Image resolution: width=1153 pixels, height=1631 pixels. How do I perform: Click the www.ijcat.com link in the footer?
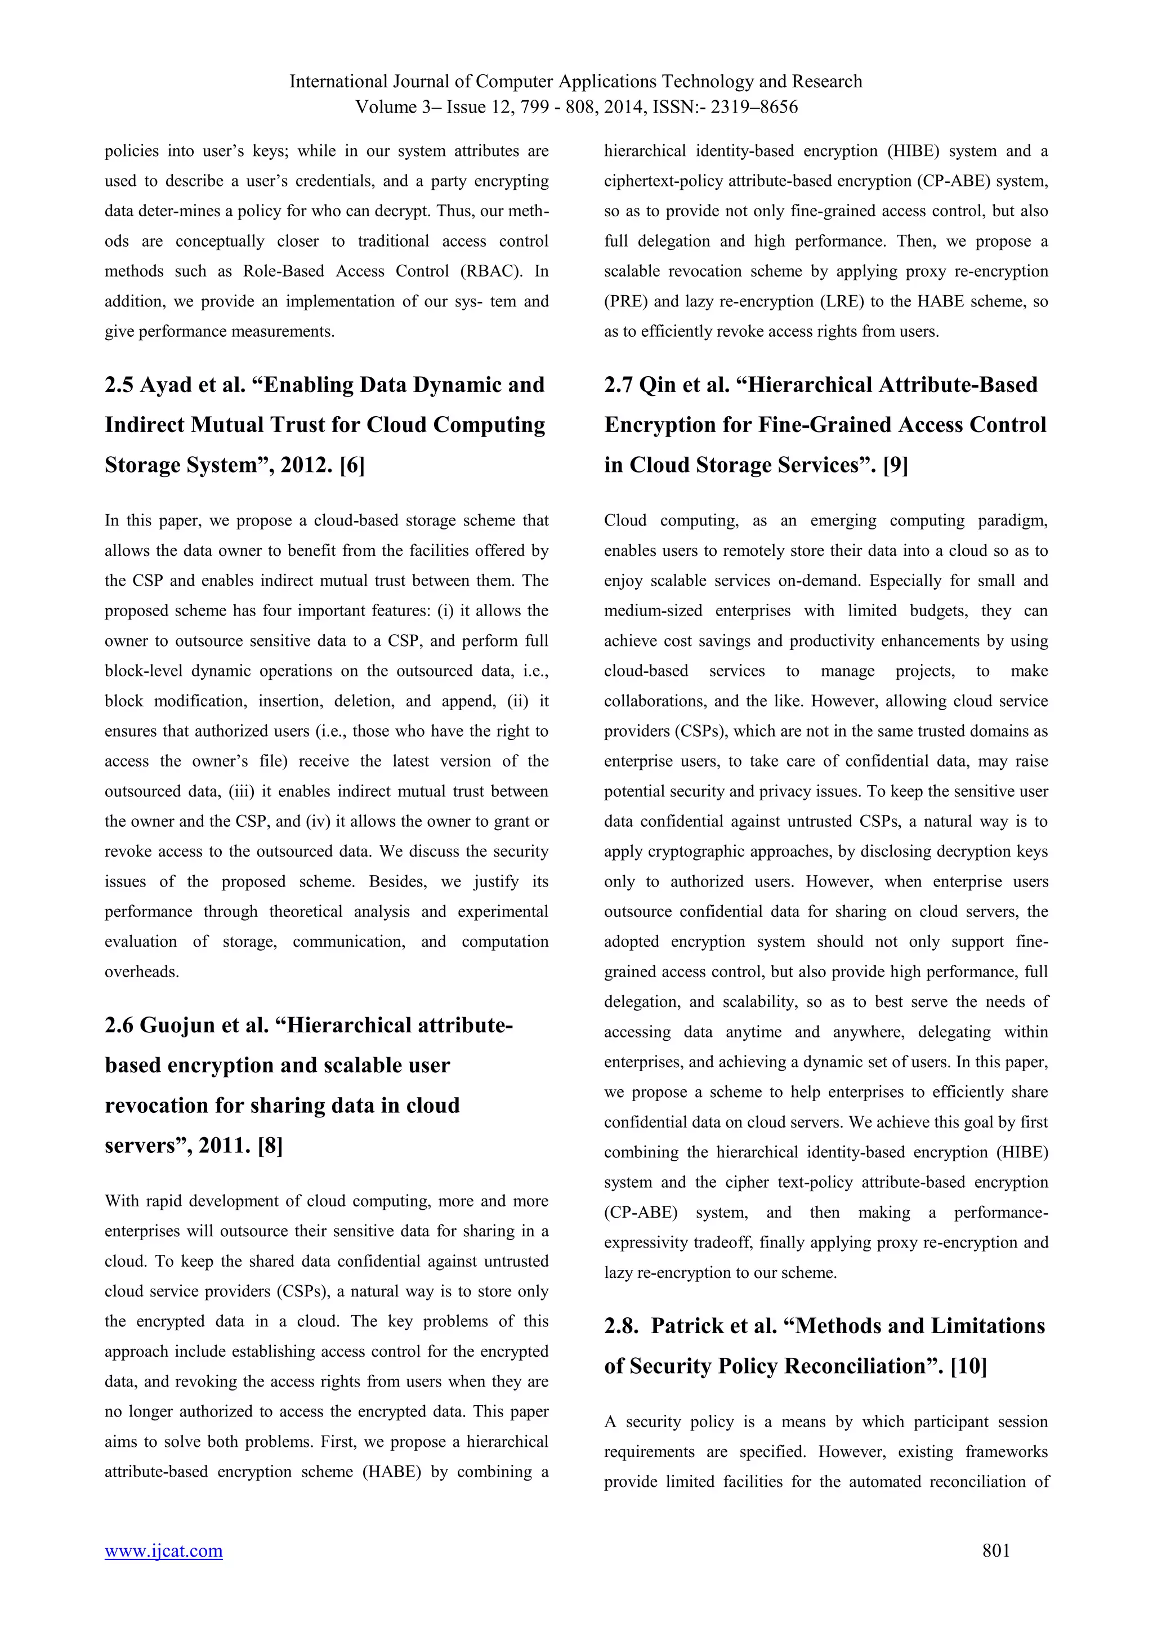(x=163, y=1550)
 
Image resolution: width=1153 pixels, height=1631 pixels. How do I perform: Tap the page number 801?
(x=995, y=1550)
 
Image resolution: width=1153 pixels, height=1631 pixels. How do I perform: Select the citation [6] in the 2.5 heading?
(x=352, y=465)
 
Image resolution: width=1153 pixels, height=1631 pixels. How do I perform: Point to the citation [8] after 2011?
(x=270, y=1146)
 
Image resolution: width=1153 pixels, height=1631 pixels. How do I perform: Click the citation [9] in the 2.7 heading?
(x=895, y=465)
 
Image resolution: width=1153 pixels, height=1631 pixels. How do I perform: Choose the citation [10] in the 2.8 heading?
(x=968, y=1366)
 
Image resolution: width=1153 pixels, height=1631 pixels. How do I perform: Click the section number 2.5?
(x=119, y=385)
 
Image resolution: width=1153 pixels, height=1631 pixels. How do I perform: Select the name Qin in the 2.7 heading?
(x=658, y=385)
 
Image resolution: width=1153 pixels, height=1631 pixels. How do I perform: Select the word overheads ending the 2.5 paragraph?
(x=141, y=972)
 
